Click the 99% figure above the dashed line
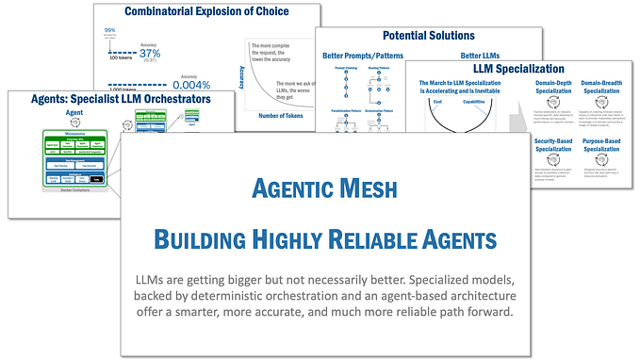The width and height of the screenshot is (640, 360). [110, 30]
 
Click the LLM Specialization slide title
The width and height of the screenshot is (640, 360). [520, 69]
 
